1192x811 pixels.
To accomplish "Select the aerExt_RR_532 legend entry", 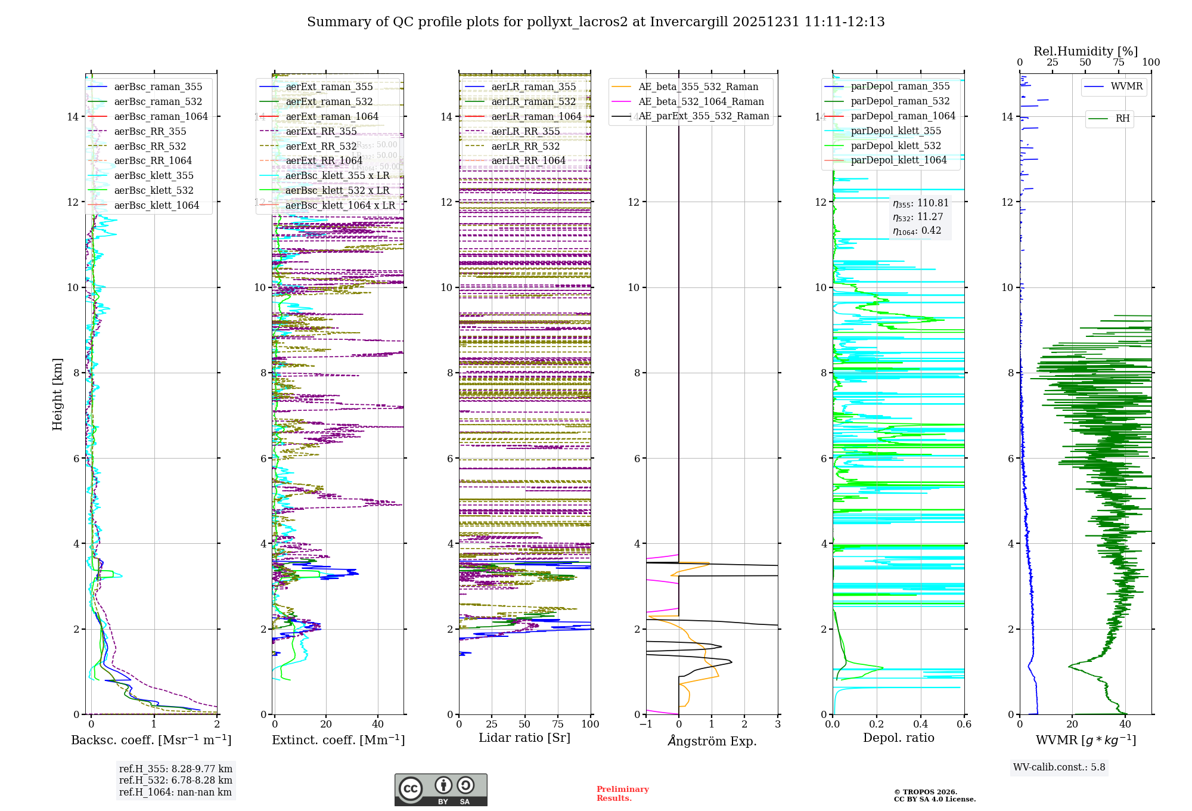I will pyautogui.click(x=321, y=146).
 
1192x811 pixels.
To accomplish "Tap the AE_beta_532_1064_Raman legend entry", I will pyautogui.click(x=701, y=101).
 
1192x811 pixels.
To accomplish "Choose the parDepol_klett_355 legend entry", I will pyautogui.click(x=896, y=131).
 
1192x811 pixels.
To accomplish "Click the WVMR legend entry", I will pyautogui.click(x=1126, y=86).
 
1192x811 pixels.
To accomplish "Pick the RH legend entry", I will pyautogui.click(x=1122, y=118).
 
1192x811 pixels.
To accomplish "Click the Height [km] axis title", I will pyautogui.click(x=57, y=394).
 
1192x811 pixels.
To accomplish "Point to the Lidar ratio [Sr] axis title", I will pyautogui.click(x=524, y=738).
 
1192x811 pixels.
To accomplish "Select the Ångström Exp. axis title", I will pyautogui.click(x=712, y=741).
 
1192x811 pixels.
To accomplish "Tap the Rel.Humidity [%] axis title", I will pyautogui.click(x=1085, y=51).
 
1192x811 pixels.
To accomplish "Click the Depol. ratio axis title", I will pyautogui.click(x=899, y=738).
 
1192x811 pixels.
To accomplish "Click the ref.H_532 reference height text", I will pyautogui.click(x=175, y=780).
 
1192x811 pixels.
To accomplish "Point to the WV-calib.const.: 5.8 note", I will pyautogui.click(x=1059, y=767).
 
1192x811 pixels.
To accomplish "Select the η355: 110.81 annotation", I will pyautogui.click(x=920, y=203).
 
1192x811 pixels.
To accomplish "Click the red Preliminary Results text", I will pyautogui.click(x=622, y=793).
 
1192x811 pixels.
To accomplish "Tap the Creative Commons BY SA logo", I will pyautogui.click(x=440, y=790).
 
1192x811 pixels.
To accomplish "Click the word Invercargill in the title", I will pyautogui.click(x=688, y=22).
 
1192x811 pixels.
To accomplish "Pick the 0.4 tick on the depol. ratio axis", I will pyautogui.click(x=920, y=724).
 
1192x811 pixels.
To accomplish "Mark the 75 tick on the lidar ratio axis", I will pyautogui.click(x=558, y=724).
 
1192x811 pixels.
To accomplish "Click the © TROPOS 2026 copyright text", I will pyautogui.click(x=925, y=792).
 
